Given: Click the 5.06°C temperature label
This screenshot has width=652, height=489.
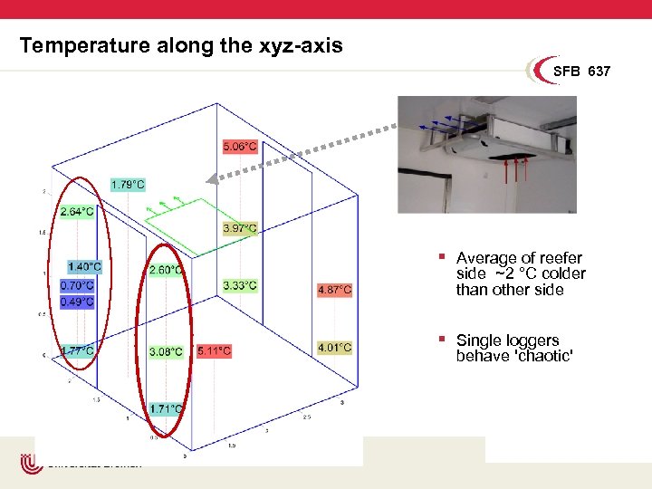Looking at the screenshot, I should point(240,146).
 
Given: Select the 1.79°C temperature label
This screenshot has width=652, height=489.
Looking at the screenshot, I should point(127,185).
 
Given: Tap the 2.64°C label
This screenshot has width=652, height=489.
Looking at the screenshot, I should point(76,212).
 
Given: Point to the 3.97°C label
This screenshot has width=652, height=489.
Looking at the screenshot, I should point(240,228).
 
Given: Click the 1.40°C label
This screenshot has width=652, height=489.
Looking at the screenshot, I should point(84,267).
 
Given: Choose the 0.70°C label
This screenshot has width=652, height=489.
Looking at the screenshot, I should point(76,285).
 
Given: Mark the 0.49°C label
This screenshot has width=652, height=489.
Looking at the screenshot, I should point(76,302).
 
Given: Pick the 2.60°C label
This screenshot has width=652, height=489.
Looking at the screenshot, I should point(166,270).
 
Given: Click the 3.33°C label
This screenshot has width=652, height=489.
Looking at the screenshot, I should point(239,286).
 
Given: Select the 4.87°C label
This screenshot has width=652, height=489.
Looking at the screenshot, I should point(334,290).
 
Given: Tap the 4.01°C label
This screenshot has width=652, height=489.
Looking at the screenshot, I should point(334,347).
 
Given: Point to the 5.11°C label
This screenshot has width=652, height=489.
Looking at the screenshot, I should point(214,350).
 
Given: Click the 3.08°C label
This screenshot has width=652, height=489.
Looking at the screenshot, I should point(166,351).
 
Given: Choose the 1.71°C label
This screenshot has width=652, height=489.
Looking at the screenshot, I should point(166,409).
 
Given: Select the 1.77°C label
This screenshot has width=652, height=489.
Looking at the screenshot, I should point(76,350).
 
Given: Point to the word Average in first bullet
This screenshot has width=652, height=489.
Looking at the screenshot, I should point(487,258).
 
